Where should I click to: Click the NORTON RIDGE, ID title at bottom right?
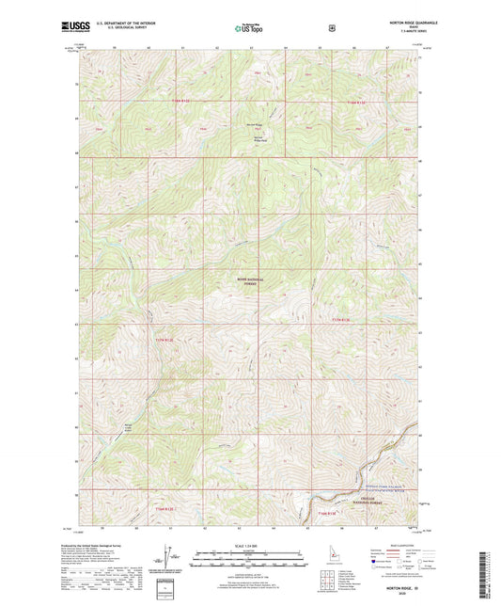[x=399, y=585]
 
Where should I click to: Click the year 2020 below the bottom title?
[x=399, y=593]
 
